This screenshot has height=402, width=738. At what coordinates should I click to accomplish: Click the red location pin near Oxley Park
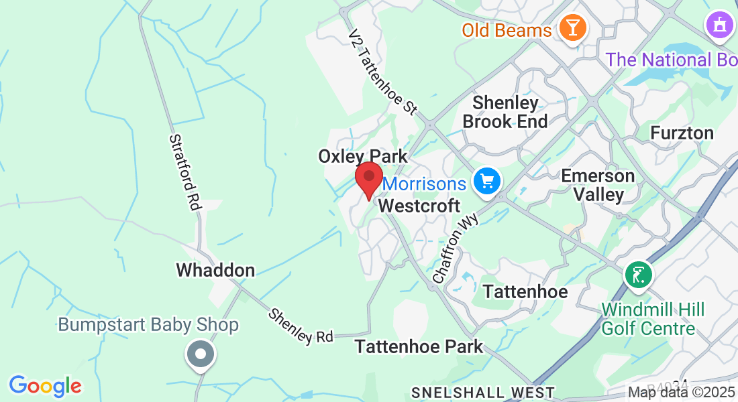coord(368,178)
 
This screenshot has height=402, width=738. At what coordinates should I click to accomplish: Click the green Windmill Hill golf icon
coord(639,275)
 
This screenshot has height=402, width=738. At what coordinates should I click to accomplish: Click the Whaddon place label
coord(215,270)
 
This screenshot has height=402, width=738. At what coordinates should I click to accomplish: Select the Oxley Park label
coord(362,156)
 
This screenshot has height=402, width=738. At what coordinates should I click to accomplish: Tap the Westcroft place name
coord(419,206)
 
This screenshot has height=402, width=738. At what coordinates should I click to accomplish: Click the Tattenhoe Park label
coord(419,346)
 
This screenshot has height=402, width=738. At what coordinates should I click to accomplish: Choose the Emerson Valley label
coord(598,185)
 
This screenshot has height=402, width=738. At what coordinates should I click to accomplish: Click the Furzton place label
coord(682,133)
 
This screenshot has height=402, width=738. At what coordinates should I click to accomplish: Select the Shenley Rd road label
coord(301,326)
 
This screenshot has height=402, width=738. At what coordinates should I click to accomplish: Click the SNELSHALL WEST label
coord(483,393)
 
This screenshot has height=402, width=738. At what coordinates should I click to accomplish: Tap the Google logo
coord(45,386)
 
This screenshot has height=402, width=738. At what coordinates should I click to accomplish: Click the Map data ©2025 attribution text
coord(681,392)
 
